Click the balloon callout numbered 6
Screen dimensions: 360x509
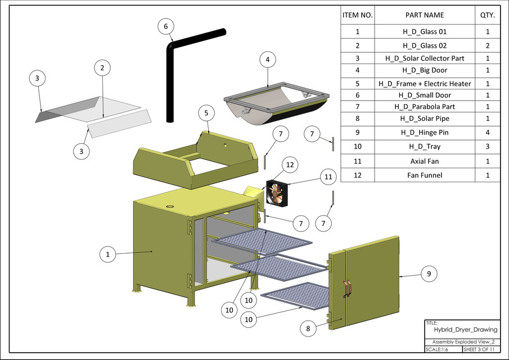(165, 26)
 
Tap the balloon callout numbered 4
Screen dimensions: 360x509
(268, 59)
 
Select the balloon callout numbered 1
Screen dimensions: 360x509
(107, 254)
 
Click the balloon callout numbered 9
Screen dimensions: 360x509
(429, 274)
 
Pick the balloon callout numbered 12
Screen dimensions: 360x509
(290, 165)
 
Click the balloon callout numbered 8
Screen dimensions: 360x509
(308, 327)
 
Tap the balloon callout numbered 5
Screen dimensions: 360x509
(206, 113)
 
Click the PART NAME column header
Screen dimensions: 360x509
(425, 15)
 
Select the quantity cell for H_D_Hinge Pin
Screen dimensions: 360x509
(487, 133)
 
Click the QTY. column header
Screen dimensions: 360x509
(487, 15)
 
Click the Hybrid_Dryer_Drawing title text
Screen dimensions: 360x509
(462, 330)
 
